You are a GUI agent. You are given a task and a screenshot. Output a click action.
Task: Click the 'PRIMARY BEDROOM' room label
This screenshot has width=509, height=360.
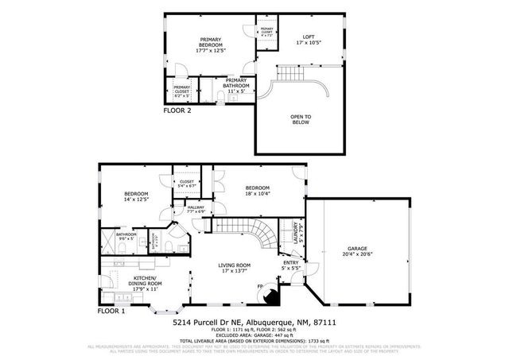click(210, 43)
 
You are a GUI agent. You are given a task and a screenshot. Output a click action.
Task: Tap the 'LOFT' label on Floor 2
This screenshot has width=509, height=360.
click(308, 37)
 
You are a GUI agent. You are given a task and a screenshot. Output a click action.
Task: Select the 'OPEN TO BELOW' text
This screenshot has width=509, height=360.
click(301, 120)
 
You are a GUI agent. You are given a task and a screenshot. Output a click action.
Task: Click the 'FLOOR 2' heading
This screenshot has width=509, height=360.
click(177, 111)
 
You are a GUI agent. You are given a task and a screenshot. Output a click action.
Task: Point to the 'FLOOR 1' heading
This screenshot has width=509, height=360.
click(112, 311)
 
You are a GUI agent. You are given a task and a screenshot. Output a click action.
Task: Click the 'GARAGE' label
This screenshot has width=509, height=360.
click(356, 249)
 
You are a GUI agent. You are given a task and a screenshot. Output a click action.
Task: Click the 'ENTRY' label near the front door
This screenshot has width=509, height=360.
click(289, 265)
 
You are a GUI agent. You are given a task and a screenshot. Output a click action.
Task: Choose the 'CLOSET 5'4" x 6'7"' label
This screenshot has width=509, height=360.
click(187, 183)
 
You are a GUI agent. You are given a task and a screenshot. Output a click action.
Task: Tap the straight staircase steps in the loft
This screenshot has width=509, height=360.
click(291, 74)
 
